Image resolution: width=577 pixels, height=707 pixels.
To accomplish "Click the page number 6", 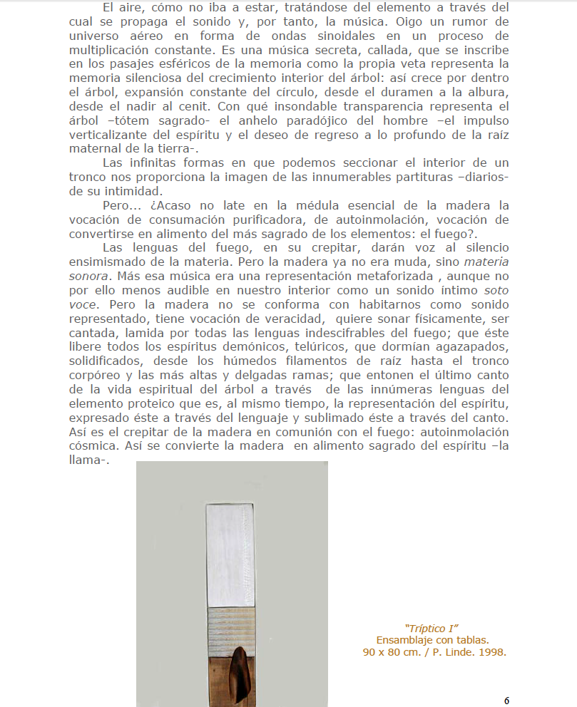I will coord(506,700).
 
